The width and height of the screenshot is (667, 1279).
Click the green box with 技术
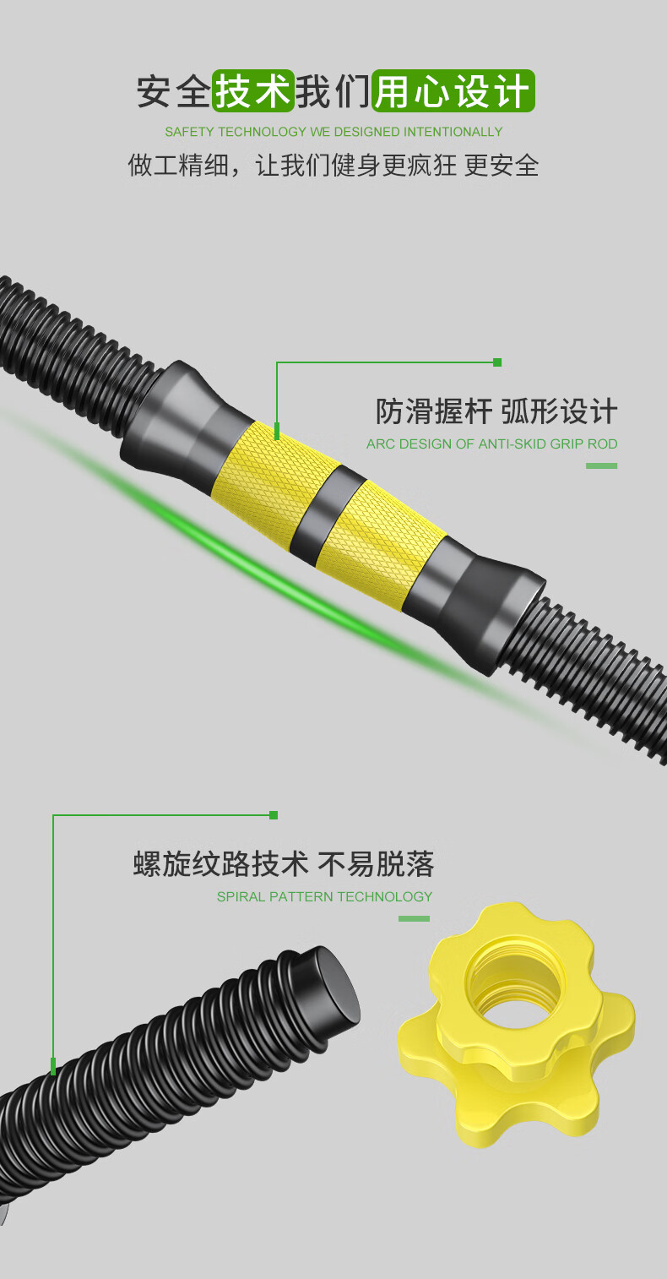(253, 90)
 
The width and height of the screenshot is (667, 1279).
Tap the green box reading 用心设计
(453, 90)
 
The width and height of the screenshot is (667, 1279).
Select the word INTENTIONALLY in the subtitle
(453, 132)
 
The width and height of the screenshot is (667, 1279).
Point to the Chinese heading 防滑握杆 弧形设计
(496, 411)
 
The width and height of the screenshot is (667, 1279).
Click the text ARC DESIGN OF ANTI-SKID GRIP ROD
(492, 444)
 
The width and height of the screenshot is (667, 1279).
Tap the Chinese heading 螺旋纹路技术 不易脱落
(284, 863)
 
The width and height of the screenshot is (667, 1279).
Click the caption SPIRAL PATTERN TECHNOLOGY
(325, 896)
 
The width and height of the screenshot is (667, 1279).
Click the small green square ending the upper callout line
(497, 362)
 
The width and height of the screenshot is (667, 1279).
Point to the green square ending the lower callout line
(274, 815)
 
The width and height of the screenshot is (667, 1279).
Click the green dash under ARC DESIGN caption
(601, 466)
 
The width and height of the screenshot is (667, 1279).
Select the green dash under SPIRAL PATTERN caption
(414, 919)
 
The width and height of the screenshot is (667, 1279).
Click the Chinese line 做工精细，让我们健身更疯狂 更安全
(333, 166)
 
